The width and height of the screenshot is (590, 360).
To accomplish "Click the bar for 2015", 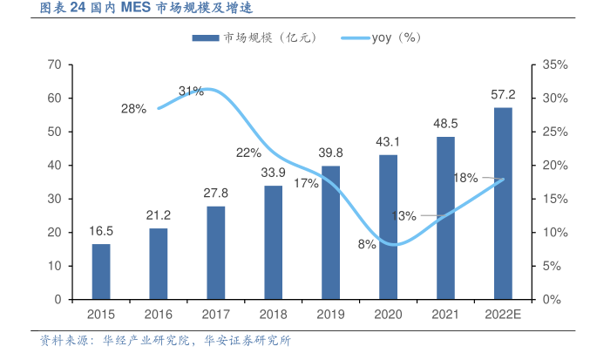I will coord(101,271).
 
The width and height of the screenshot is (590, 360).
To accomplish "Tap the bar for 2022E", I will coord(503,203).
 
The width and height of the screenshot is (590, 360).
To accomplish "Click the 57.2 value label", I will coord(503,95).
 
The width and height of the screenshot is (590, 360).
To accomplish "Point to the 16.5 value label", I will coord(101,232).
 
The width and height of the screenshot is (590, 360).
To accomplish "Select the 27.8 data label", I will coord(216,194).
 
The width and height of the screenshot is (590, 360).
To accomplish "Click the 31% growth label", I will coord(191,91).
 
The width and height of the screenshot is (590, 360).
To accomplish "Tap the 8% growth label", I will coord(367,245).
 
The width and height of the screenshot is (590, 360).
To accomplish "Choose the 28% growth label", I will coord(133,109).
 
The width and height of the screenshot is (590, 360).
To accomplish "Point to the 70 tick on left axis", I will coord(54,65).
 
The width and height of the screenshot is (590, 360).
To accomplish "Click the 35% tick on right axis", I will coord(554,65).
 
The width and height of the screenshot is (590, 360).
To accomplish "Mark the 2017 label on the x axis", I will coord(216,314).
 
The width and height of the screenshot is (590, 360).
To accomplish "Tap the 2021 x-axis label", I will coord(445,314).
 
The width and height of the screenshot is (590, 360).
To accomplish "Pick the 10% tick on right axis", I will coord(554,232).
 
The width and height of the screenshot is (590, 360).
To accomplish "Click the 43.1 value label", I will coord(388,142).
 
